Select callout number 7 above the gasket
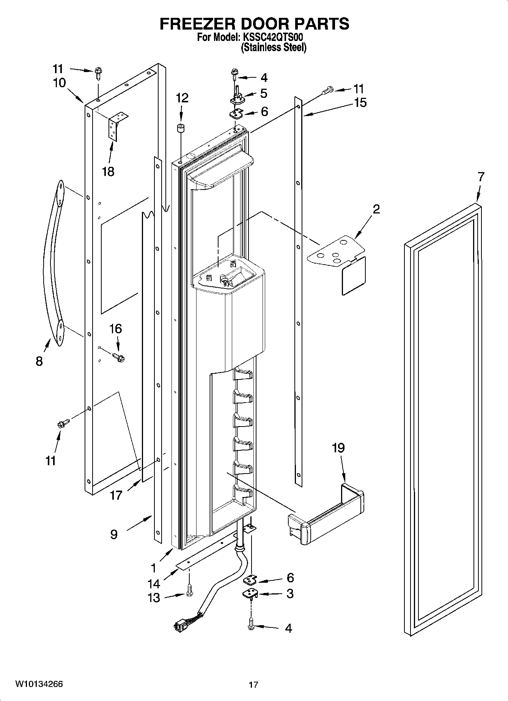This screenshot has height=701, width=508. pos(481,177)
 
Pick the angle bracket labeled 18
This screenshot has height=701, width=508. pos(118,125)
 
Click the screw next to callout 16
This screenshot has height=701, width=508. pos(119,357)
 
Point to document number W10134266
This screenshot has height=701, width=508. pos(39,684)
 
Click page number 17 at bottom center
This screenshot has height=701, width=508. pos(253,685)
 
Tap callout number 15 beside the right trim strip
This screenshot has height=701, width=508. pos(360,102)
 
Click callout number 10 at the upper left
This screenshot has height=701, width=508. pos(59,83)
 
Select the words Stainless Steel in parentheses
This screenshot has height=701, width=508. pos(274,47)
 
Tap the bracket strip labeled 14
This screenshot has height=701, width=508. pos(205,552)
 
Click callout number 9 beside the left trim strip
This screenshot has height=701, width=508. pos(114,535)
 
